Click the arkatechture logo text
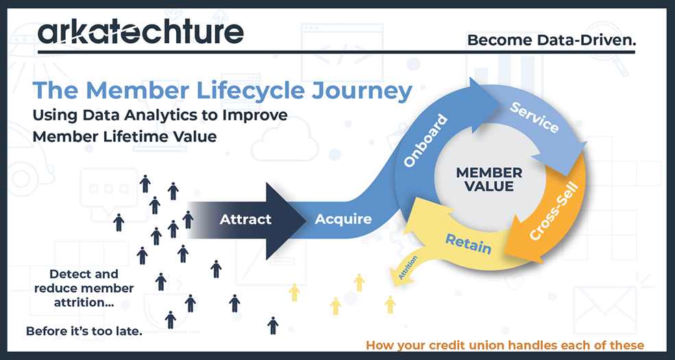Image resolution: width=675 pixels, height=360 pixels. (x=140, y=32)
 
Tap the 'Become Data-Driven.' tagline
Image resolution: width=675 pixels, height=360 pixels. (x=551, y=40)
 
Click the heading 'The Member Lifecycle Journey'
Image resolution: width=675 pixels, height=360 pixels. (x=223, y=91)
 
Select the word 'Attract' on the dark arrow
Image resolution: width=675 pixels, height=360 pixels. (x=245, y=220)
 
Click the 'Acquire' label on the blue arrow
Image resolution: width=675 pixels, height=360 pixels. (x=343, y=220)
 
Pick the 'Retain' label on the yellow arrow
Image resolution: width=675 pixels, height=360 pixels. (x=468, y=243)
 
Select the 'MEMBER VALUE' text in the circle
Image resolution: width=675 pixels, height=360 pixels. (x=489, y=179)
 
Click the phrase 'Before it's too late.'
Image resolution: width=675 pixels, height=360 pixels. (x=84, y=331)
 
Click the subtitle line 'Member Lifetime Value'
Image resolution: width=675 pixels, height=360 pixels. (x=125, y=136)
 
